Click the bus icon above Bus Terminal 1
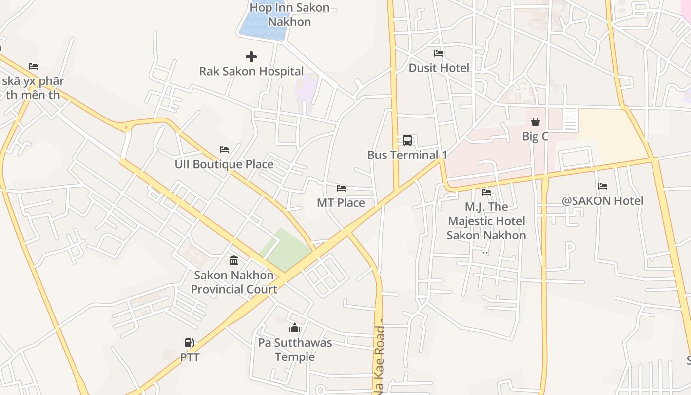(407, 140)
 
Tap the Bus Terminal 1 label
(407, 155)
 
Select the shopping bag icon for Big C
(536, 121)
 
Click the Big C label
(535, 136)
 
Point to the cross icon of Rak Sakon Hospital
(251, 57)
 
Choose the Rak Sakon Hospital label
(251, 71)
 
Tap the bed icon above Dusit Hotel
(439, 53)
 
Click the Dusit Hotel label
(439, 68)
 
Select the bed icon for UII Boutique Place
(224, 150)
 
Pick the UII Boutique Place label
(224, 164)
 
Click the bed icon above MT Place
(341, 188)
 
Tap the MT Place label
(341, 203)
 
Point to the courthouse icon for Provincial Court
(234, 260)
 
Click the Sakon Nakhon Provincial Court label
(234, 282)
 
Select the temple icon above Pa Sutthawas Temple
(295, 328)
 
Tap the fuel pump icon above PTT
(189, 343)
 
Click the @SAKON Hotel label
(603, 201)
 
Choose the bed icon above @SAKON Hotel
(603, 186)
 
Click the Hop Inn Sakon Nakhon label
(289, 15)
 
